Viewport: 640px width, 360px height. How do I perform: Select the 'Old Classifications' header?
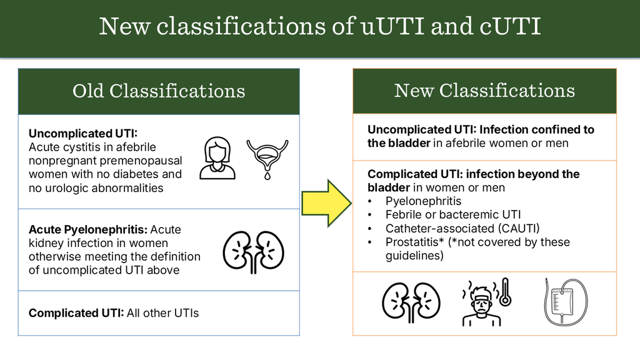pyautogui.click(x=159, y=91)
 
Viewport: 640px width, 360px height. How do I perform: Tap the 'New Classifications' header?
pyautogui.click(x=484, y=91)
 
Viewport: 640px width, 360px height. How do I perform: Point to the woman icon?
pyautogui.click(x=217, y=159)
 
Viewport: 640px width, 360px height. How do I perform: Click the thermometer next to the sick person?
pyautogui.click(x=505, y=294)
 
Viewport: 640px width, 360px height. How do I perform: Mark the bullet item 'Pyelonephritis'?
pyautogui.click(x=423, y=201)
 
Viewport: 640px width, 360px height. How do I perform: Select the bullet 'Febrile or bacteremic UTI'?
pyautogui.click(x=453, y=214)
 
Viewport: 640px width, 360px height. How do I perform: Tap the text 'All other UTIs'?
pyautogui.click(x=162, y=312)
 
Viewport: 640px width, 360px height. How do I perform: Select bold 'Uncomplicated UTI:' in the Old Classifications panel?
pyautogui.click(x=82, y=133)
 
